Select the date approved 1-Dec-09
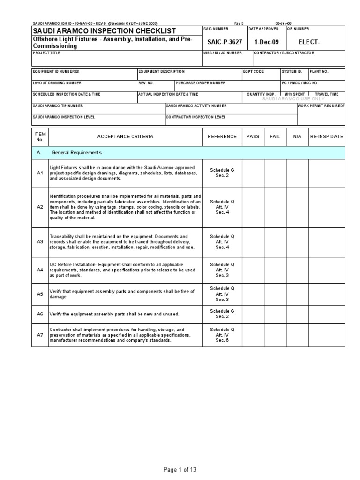pos(266,42)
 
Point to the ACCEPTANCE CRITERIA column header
pos(125,136)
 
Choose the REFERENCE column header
pos(222,136)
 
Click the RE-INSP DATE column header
pos(326,136)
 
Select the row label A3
pos(40,242)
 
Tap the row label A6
pos(40,314)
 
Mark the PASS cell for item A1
pos(253,173)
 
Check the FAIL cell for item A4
pos(275,270)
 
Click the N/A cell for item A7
pos(297,335)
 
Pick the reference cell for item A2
pos(222,207)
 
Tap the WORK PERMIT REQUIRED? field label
pos(321,106)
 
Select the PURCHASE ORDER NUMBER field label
pos(201,83)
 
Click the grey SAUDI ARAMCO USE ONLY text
pos(293,99)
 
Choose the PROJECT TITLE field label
pos(45,53)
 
